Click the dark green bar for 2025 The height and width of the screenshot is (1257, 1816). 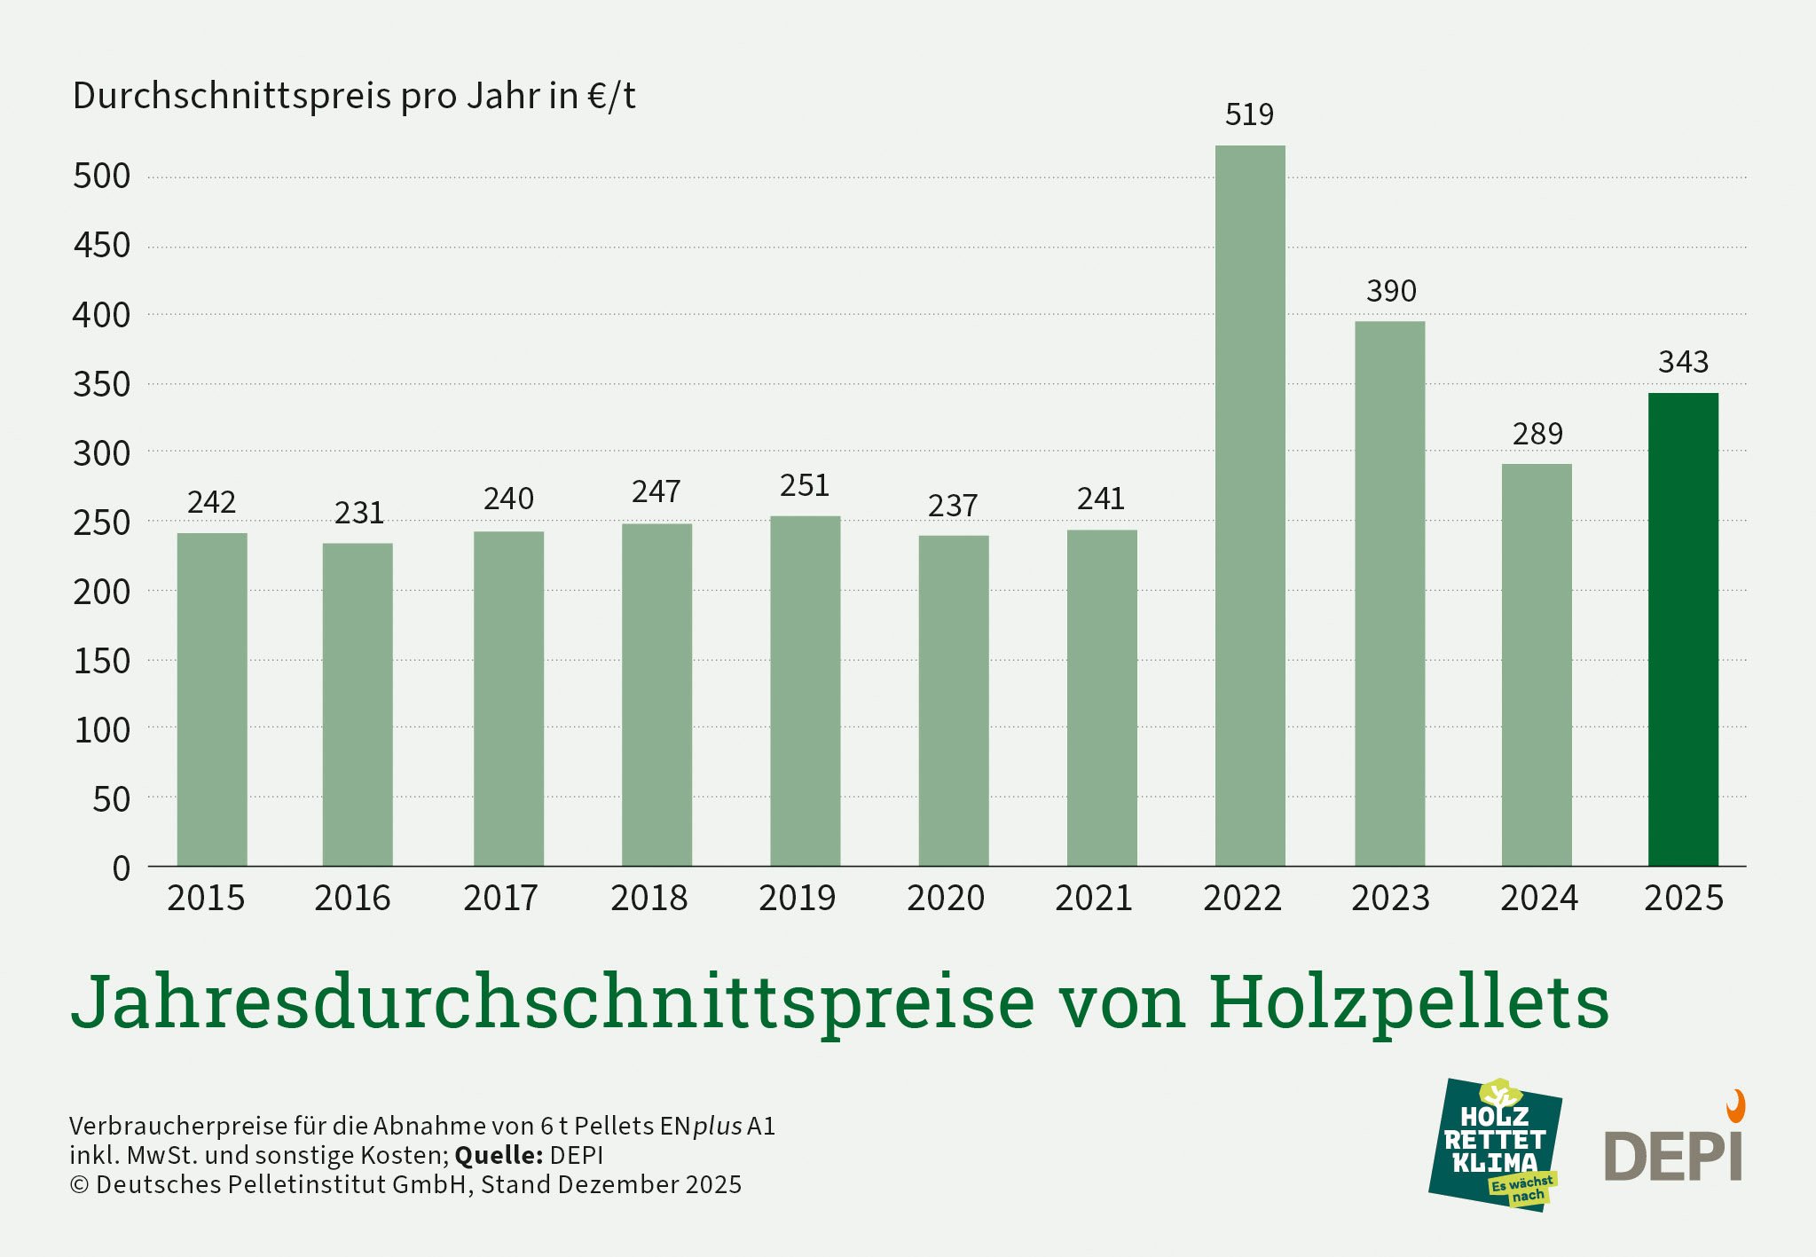1683,630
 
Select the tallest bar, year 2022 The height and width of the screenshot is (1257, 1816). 1249,506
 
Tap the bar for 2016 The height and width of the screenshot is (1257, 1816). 358,705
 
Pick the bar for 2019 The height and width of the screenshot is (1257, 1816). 805,692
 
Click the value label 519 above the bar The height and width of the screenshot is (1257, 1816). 1249,114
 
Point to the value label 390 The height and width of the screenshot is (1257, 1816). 1391,291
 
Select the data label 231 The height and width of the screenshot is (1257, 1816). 358,513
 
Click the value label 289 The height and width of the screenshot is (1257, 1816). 1537,434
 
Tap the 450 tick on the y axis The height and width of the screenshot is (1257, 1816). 102,246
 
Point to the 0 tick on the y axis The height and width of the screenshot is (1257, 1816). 121,868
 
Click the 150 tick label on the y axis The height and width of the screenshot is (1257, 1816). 102,661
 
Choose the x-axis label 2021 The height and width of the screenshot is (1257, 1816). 1093,899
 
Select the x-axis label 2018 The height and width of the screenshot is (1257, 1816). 649,899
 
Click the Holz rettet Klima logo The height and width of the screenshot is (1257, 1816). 1495,1144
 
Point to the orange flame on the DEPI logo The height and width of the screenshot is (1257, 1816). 1735,1106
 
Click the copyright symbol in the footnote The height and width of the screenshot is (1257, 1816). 79,1185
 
